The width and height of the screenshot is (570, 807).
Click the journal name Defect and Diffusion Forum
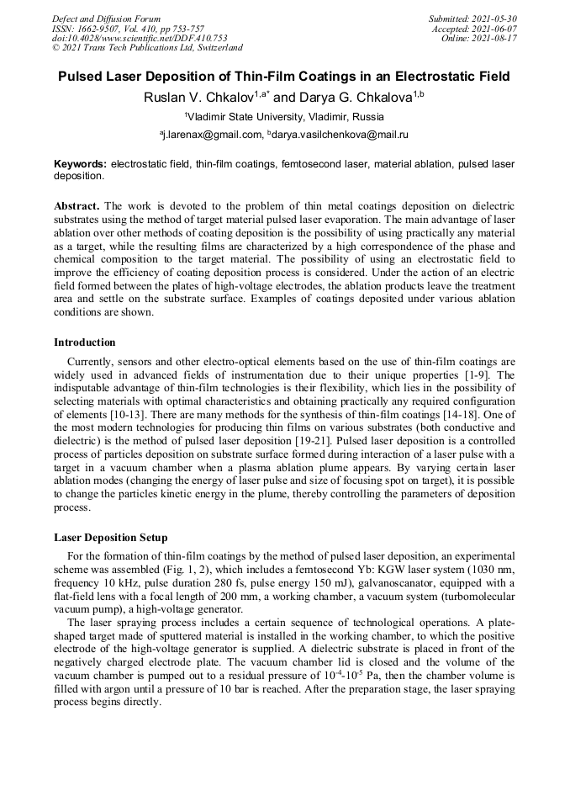tap(106, 19)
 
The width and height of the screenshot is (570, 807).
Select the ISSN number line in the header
tap(128, 29)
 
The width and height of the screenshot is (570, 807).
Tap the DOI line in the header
tap(140, 38)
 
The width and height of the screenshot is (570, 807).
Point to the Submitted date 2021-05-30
tap(472, 19)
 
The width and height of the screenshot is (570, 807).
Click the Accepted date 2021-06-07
tap(474, 29)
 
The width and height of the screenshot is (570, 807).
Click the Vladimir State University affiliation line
tap(284, 116)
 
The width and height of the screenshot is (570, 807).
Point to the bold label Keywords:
tap(80, 163)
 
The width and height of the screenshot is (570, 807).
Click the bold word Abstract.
tap(77, 206)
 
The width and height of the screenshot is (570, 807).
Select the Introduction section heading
tap(85, 342)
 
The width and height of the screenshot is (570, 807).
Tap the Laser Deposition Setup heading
tap(110, 537)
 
